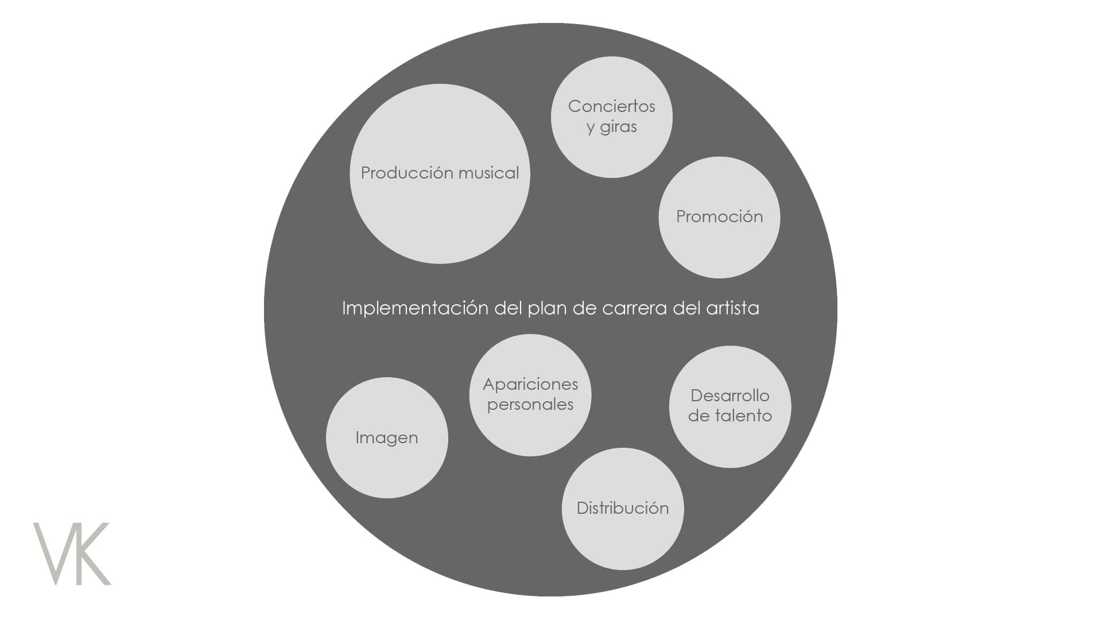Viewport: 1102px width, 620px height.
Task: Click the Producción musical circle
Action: [440, 174]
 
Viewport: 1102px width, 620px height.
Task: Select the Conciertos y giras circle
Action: [612, 117]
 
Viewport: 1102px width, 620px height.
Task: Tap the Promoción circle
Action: [719, 218]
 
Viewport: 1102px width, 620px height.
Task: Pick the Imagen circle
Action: [387, 437]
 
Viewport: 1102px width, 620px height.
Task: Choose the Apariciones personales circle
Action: [530, 395]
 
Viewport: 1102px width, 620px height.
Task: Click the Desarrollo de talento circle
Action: [730, 406]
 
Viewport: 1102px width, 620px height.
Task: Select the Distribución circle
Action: [623, 509]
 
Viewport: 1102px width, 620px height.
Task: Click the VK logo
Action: [72, 553]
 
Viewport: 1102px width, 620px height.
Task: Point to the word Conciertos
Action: [612, 106]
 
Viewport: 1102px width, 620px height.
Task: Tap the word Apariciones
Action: [530, 384]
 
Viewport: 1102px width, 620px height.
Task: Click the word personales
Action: [530, 404]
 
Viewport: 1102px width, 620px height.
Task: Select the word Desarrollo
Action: [730, 396]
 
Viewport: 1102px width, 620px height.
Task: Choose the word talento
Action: [743, 416]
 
